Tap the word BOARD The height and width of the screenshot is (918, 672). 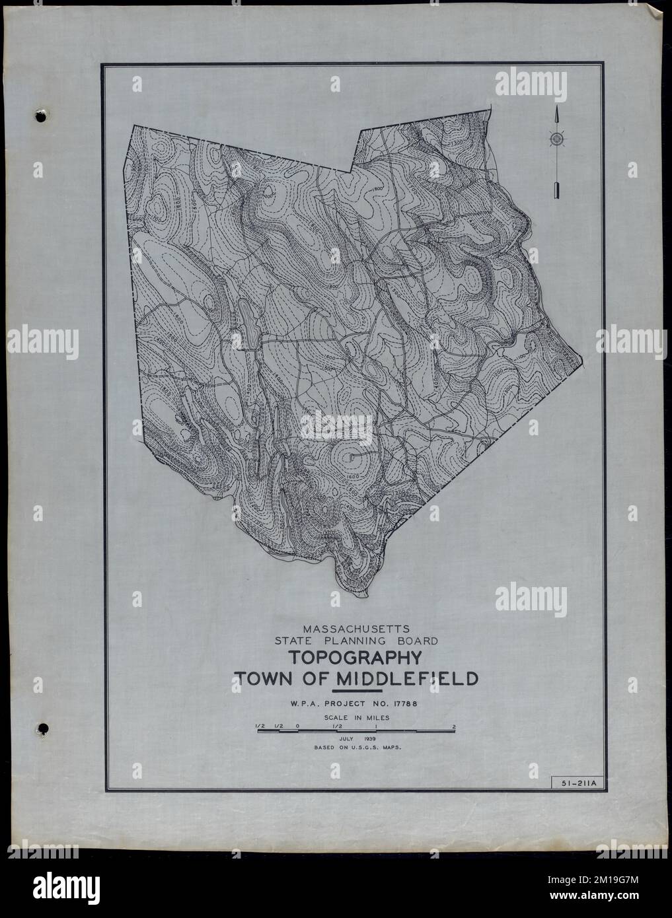[x=411, y=641]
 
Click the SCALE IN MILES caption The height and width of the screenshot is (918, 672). [x=355, y=717]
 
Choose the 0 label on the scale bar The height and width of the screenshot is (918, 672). [x=298, y=726]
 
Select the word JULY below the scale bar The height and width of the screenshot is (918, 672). [x=345, y=738]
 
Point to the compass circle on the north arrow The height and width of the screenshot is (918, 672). [x=557, y=139]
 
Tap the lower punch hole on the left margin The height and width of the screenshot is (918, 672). [x=42, y=728]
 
